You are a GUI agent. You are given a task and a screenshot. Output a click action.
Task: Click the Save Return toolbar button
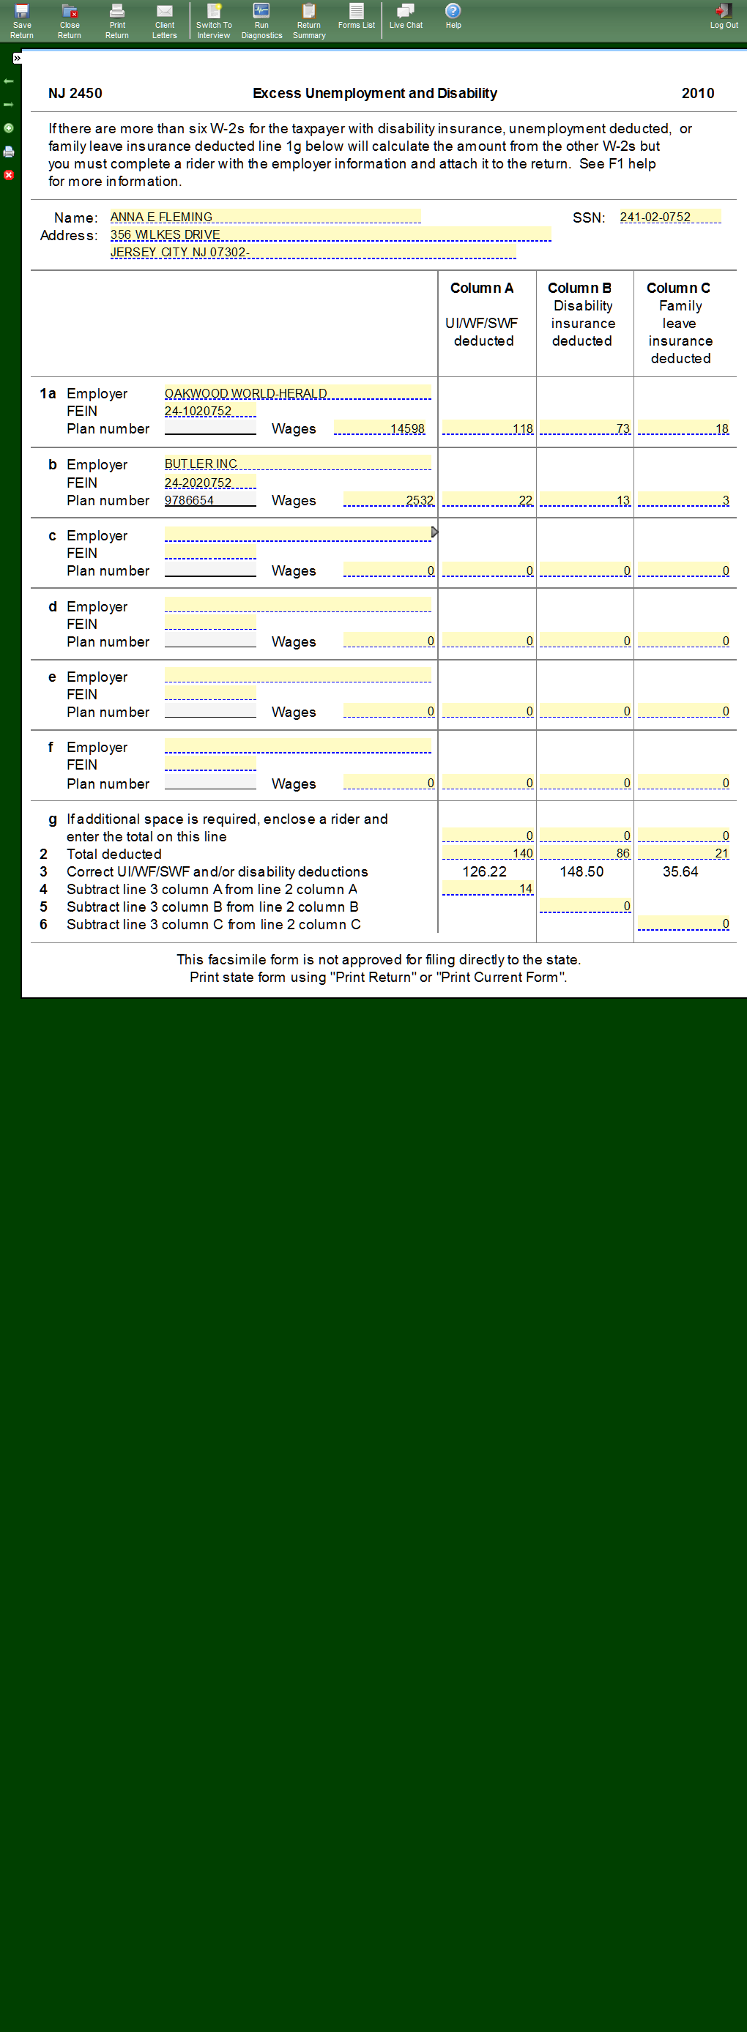coord(22,20)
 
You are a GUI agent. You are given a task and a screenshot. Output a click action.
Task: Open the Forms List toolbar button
coord(357,16)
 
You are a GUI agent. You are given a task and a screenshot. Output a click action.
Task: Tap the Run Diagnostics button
coord(261,20)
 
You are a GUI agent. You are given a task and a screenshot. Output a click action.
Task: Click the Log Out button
coord(724,16)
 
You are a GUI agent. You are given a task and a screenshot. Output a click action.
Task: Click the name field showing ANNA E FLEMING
coord(264,217)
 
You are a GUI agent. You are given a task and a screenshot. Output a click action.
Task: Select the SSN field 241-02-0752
coord(669,217)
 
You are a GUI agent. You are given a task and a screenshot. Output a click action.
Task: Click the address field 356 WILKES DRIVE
coord(330,234)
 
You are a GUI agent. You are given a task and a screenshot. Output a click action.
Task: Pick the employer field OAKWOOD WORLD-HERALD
coord(297,392)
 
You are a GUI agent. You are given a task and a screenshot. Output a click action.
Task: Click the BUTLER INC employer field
coord(297,463)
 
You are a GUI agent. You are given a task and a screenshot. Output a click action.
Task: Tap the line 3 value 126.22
coord(484,871)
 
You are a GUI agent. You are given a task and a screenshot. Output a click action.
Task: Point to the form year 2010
coord(697,93)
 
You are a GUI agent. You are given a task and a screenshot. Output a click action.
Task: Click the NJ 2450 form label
coord(75,93)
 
